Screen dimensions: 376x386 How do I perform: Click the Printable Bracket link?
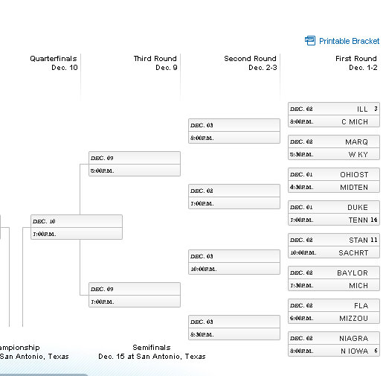click(349, 41)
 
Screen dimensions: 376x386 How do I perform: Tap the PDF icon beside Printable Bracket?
click(310, 41)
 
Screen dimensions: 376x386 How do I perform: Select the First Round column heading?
click(356, 59)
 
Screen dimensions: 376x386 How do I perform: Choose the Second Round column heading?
click(250, 59)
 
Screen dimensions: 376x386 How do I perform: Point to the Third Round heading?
click(155, 59)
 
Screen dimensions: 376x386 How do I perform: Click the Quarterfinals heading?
click(54, 59)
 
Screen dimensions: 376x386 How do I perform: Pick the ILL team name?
click(362, 109)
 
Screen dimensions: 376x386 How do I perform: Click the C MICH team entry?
click(355, 121)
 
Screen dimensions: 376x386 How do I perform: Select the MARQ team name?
click(356, 142)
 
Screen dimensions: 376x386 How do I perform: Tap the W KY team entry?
click(358, 154)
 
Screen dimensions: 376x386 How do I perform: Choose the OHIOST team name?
click(354, 175)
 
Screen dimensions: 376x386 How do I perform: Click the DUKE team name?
click(357, 208)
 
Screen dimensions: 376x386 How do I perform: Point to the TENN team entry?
click(358, 220)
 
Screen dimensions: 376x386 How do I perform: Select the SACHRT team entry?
click(353, 252)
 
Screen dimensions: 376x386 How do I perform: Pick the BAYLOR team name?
click(353, 273)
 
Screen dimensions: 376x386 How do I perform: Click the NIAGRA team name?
click(353, 339)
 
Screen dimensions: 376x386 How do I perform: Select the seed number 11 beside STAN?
click(374, 240)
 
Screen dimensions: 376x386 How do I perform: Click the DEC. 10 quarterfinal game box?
click(76, 227)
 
